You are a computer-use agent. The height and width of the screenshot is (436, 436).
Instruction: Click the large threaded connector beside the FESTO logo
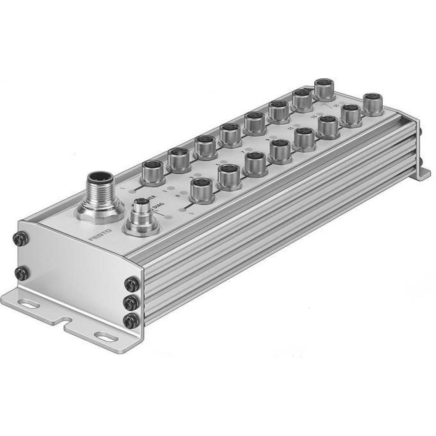[99, 192]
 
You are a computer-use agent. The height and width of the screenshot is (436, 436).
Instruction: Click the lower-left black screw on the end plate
[20, 273]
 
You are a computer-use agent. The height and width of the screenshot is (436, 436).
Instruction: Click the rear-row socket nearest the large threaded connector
[153, 170]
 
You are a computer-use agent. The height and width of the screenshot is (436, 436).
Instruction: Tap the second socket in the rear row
[178, 159]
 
